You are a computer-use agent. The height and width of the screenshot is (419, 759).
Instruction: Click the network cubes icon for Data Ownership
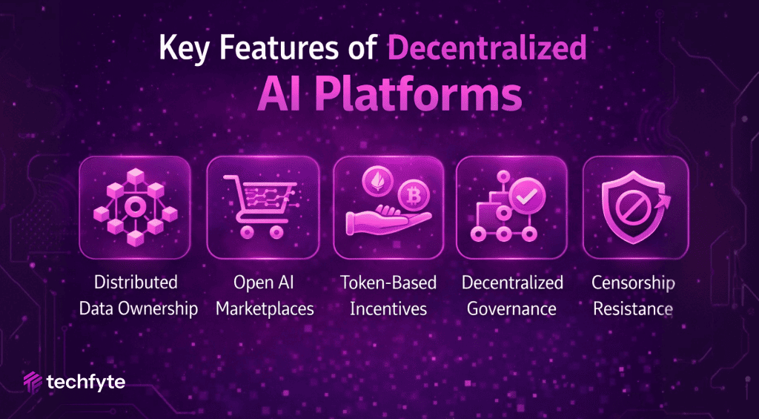(x=135, y=207)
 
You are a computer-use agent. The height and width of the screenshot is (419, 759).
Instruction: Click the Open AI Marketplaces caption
(x=265, y=295)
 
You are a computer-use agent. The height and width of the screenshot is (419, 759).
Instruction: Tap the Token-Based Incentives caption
(x=388, y=295)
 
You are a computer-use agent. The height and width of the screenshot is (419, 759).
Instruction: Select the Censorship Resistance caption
(x=633, y=295)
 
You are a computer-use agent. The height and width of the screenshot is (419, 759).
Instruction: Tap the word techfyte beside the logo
(x=85, y=383)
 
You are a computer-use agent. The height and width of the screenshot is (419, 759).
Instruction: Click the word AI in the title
(x=276, y=96)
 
